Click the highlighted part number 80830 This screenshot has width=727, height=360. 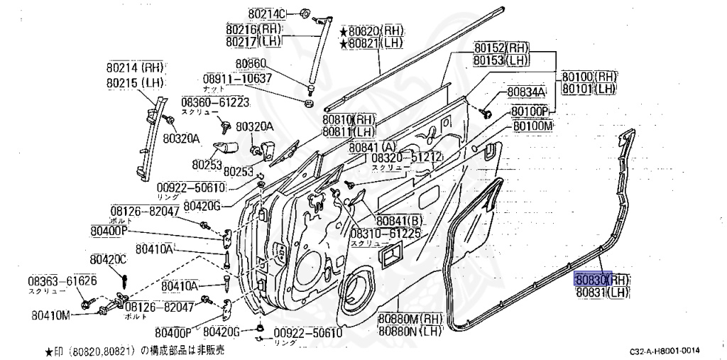[592, 279]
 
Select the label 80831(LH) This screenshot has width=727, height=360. [602, 292]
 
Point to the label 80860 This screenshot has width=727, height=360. [251, 63]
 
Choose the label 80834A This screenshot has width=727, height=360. [525, 92]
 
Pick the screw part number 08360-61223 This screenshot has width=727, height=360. [215, 102]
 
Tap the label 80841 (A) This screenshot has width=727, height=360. [373, 146]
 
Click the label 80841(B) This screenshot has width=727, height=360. [400, 220]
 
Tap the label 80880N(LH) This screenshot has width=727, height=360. [410, 331]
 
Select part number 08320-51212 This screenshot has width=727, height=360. [407, 157]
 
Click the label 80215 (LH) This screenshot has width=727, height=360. [135, 83]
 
